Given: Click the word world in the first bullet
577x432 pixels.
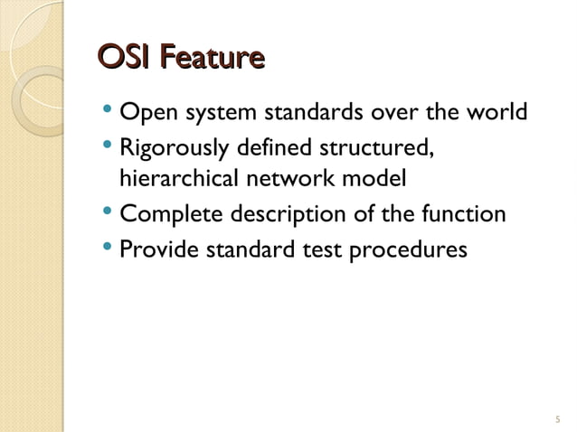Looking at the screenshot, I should pyautogui.click(x=494, y=115).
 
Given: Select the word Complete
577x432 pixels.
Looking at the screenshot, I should pyautogui.click(x=159, y=215).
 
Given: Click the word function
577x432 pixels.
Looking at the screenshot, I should pyautogui.click(x=466, y=215).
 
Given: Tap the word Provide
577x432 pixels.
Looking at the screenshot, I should pyautogui.click(x=153, y=248).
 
